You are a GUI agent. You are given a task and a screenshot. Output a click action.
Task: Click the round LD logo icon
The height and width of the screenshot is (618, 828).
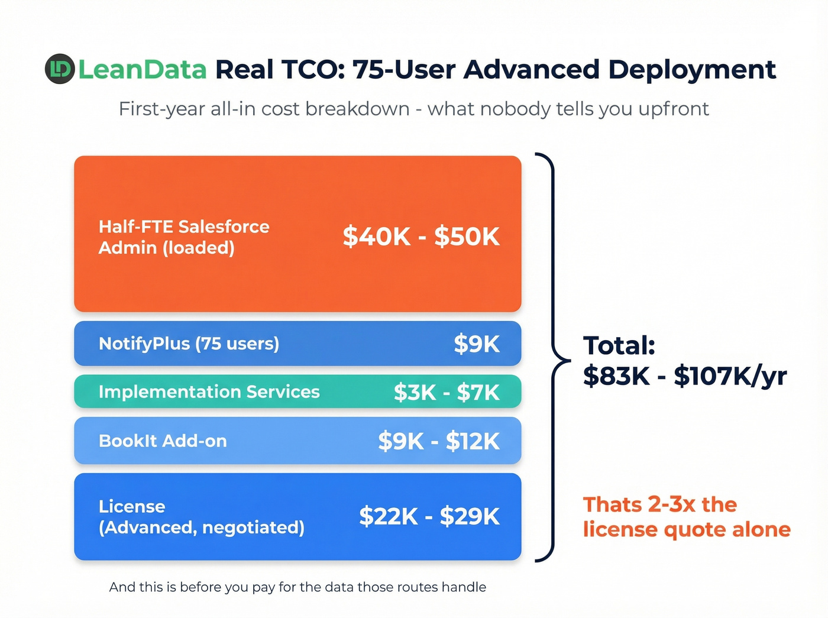pyautogui.click(x=60, y=69)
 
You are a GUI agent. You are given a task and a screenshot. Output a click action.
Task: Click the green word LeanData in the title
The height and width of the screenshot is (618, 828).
pyautogui.click(x=143, y=70)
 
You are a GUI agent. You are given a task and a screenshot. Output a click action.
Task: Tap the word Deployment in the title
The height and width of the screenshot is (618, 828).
pyautogui.click(x=692, y=70)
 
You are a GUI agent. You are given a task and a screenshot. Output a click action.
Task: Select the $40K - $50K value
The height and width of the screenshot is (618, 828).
pyautogui.click(x=421, y=237)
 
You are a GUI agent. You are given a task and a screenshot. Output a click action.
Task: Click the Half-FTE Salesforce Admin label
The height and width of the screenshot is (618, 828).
pyautogui.click(x=184, y=237)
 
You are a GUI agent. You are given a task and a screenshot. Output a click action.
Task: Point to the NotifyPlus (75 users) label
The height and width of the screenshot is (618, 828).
pyautogui.click(x=189, y=344)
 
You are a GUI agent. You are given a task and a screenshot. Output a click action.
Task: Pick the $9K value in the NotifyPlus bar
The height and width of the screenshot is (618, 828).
pyautogui.click(x=477, y=344)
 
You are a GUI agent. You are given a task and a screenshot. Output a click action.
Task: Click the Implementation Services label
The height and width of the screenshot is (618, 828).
pyautogui.click(x=209, y=391)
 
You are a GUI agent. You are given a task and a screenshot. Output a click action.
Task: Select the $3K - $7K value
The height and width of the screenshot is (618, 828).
pyautogui.click(x=447, y=392)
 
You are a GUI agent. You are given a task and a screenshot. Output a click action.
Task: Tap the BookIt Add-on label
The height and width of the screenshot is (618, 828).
pyautogui.click(x=163, y=441)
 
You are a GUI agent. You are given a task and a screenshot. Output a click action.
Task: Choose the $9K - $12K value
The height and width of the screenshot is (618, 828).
pyautogui.click(x=439, y=441)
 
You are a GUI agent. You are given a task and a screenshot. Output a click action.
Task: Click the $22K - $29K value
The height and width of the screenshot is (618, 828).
pyautogui.click(x=429, y=516)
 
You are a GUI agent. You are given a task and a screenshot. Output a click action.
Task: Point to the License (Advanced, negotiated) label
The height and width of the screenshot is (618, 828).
pyautogui.click(x=201, y=517)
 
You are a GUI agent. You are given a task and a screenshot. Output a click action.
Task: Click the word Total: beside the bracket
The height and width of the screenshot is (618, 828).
pyautogui.click(x=619, y=345)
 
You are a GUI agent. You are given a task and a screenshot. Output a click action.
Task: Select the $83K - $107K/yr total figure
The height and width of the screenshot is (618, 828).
pyautogui.click(x=685, y=376)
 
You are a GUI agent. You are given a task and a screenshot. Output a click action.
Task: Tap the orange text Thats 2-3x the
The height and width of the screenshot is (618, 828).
pyautogui.click(x=660, y=504)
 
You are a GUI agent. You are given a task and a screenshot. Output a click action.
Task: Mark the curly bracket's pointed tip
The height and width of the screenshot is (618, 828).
pyautogui.click(x=569, y=360)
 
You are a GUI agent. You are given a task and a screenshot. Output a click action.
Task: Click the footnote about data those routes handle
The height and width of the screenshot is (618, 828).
pyautogui.click(x=297, y=587)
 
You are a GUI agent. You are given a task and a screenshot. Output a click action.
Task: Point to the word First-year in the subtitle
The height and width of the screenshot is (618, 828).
pyautogui.click(x=161, y=109)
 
